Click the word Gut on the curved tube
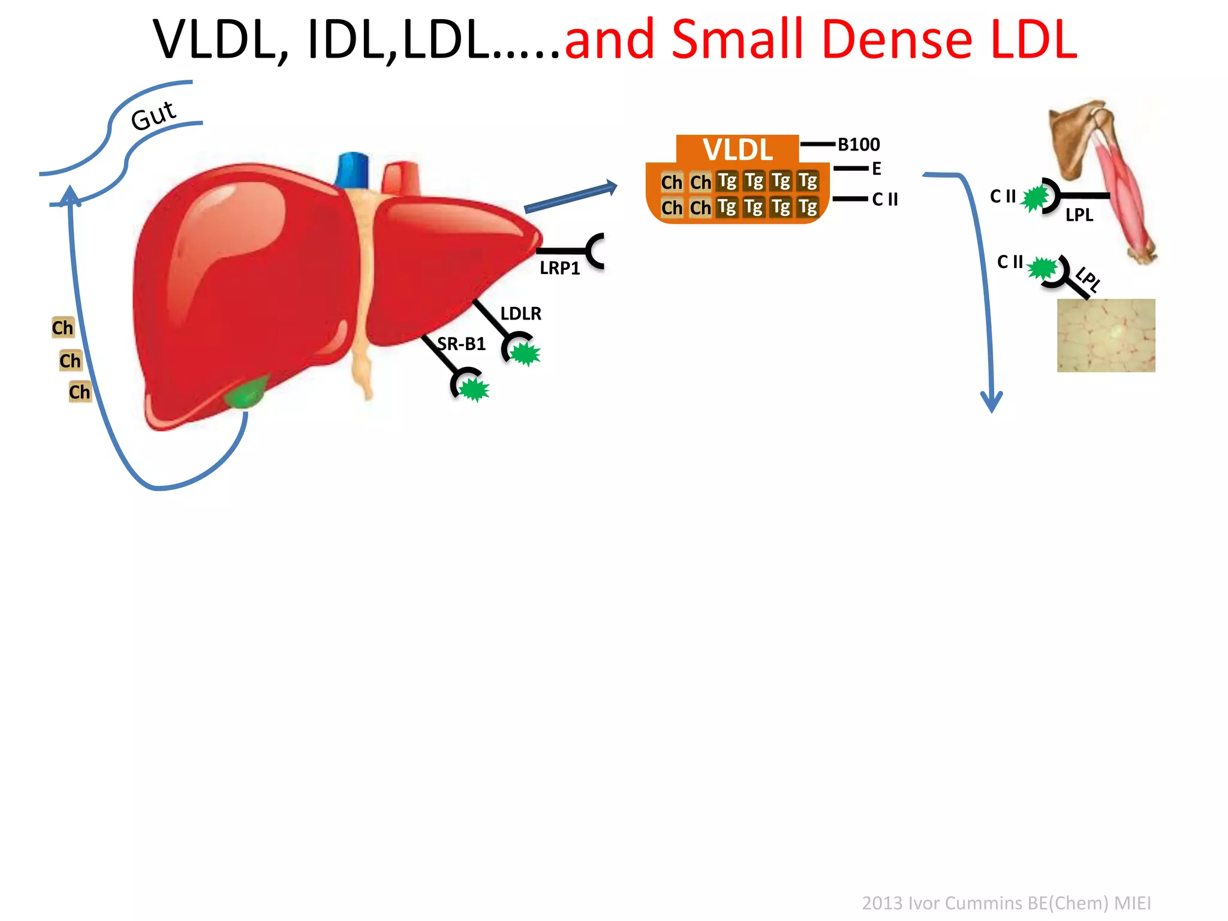click(153, 115)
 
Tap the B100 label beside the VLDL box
click(859, 145)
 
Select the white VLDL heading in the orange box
click(738, 149)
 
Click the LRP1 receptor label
click(559, 268)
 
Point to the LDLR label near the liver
click(520, 313)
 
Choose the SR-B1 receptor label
click(461, 344)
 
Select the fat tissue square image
click(1106, 335)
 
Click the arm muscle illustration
click(1109, 180)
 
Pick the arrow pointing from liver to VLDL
click(570, 197)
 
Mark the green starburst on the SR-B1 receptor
click(474, 389)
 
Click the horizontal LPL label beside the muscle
click(1079, 215)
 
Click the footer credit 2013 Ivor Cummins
click(1006, 902)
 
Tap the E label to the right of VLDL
click(877, 169)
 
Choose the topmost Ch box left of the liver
click(62, 327)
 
